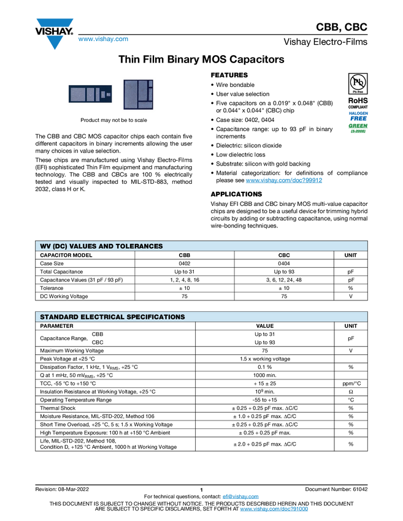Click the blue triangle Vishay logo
coord(55,43)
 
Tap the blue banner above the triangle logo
coord(55,23)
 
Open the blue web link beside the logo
coord(103,39)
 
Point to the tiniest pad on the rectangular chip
coord(108,94)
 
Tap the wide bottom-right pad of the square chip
coord(145,105)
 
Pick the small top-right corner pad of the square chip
coord(150,84)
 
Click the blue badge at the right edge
coord(358,115)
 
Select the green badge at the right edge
coord(358,127)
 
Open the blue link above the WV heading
coord(284,180)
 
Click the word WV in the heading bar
coord(45,246)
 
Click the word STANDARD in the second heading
coord(58,317)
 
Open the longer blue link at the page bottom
coord(274,509)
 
